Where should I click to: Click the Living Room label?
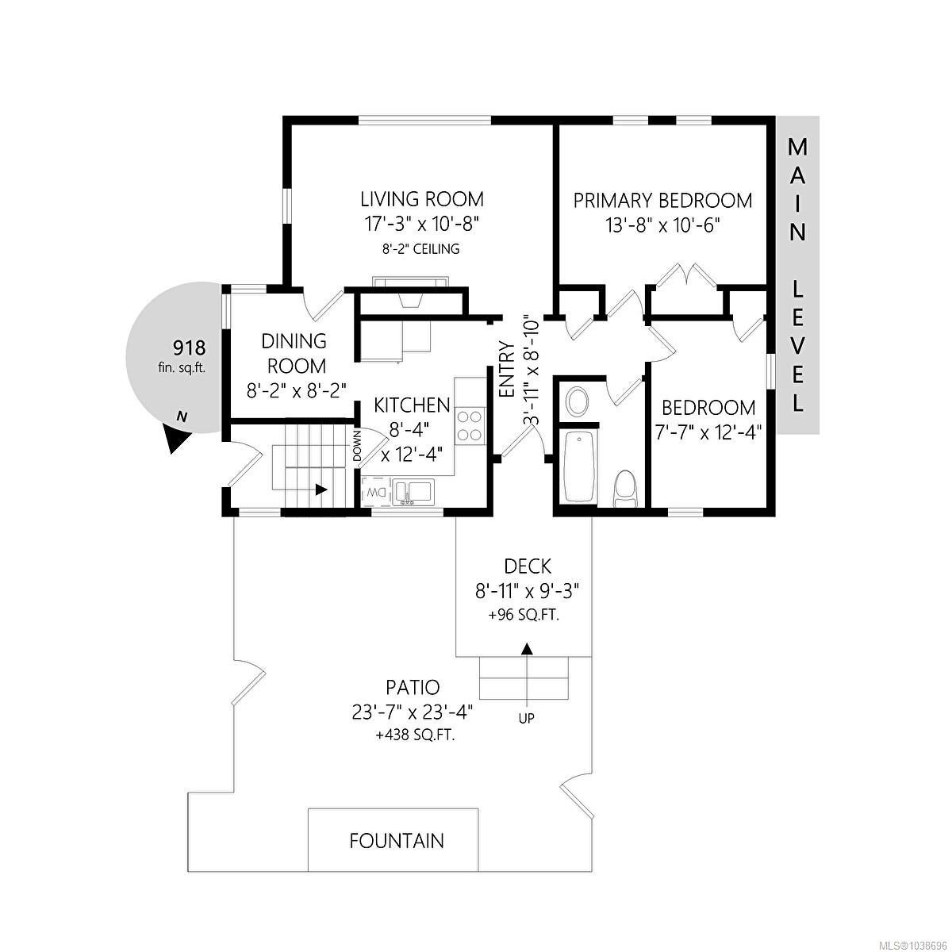coord(422,199)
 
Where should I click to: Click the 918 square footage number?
coord(189,347)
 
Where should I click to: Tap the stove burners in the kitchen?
coord(470,425)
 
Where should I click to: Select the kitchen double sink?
coord(413,492)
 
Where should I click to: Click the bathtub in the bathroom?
coord(579,467)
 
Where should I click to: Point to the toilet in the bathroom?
coord(625,489)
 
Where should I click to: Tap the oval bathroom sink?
coord(577,401)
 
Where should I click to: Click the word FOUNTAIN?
coord(397,840)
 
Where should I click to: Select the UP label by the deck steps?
coord(527,718)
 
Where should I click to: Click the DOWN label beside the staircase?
coord(358,446)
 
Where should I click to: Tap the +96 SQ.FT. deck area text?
coord(524,616)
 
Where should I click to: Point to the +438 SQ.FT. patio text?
coord(415,735)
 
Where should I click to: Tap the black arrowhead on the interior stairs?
coord(321,489)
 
